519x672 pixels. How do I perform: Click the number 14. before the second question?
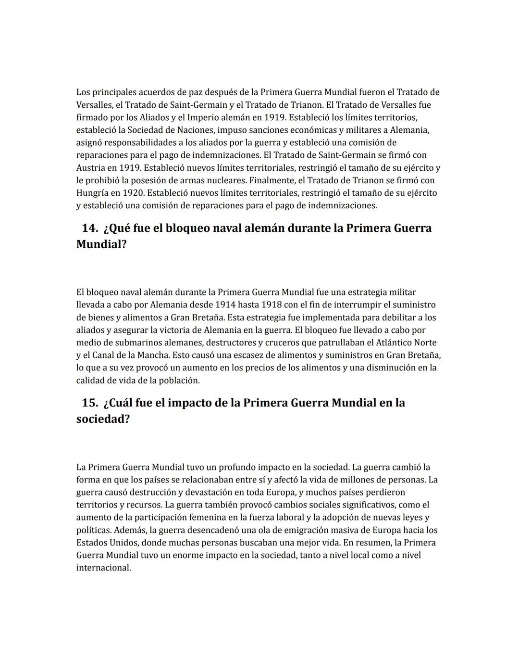(x=90, y=228)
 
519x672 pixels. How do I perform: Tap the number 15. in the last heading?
(x=90, y=403)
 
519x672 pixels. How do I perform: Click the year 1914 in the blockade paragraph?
(x=225, y=305)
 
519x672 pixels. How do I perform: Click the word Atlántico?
(x=386, y=342)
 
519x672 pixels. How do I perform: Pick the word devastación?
(x=192, y=493)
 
